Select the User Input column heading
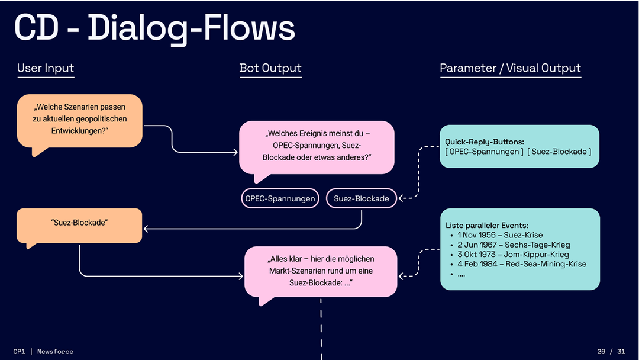click(x=46, y=68)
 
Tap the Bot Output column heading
click(x=270, y=68)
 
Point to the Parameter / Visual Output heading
click(x=510, y=68)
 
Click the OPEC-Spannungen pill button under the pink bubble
click(x=280, y=199)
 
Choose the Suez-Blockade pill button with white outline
click(x=361, y=199)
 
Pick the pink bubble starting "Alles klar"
click(x=320, y=271)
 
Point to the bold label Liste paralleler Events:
click(x=487, y=226)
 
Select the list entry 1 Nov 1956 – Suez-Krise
click(x=500, y=235)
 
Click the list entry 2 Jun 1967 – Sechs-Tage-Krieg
click(x=514, y=245)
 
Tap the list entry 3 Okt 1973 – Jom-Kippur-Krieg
click(x=513, y=254)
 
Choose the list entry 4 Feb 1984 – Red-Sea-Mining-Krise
click(x=521, y=263)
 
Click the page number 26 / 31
click(x=611, y=352)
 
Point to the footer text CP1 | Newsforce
click(x=43, y=352)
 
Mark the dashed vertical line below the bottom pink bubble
click(x=321, y=329)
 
